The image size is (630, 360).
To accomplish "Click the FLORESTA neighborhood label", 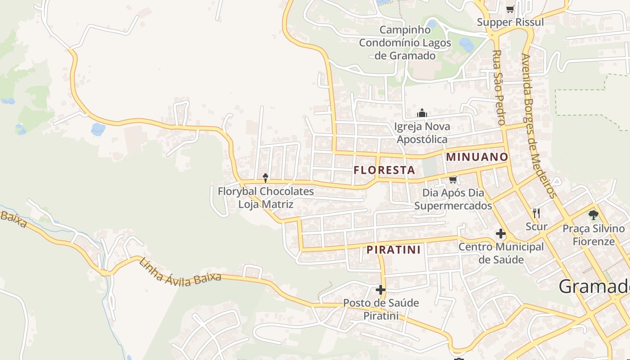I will [x=384, y=170].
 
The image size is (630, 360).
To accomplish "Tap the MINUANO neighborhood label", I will [x=477, y=157].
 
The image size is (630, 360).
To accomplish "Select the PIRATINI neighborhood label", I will [x=394, y=250].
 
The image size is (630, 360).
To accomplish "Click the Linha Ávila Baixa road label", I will [x=180, y=272].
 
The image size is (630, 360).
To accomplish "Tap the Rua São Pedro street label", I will [x=498, y=88].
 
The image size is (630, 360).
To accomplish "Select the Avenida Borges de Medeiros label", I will [x=538, y=126].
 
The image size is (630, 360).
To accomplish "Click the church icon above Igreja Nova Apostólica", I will [x=422, y=113].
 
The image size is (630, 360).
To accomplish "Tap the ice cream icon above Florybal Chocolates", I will [x=265, y=178].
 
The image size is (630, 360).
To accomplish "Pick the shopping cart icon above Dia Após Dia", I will [x=453, y=180].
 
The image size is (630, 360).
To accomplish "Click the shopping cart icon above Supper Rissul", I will [x=510, y=9].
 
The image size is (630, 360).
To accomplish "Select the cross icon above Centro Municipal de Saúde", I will [x=500, y=234].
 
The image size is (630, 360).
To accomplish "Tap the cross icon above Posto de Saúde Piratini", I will [x=381, y=290].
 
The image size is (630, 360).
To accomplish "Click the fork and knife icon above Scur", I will [x=536, y=213].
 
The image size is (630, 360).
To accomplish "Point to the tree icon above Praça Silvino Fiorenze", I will [x=594, y=215].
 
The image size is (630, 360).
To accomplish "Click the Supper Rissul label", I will [x=510, y=22].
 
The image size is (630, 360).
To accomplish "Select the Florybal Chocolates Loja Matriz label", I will [x=265, y=198].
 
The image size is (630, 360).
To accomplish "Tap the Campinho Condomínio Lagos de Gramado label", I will [x=405, y=43].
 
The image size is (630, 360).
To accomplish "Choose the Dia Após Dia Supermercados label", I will [x=453, y=199].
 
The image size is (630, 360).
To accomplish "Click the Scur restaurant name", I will [x=536, y=226].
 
